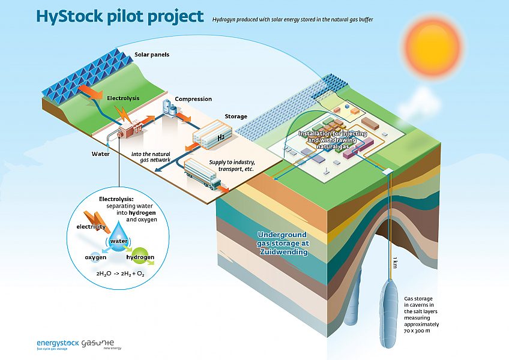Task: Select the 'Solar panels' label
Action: (152, 55)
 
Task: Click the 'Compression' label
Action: (193, 99)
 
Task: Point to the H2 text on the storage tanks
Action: (221, 137)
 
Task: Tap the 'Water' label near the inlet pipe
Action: (100, 154)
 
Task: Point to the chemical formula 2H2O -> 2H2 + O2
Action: (121, 274)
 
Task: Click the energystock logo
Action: (58, 344)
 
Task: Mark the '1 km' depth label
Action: (395, 262)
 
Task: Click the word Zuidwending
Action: (284, 251)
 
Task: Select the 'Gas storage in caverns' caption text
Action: (421, 314)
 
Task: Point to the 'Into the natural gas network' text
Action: (151, 157)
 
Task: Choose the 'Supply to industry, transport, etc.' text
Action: (232, 166)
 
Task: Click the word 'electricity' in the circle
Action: (91, 227)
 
